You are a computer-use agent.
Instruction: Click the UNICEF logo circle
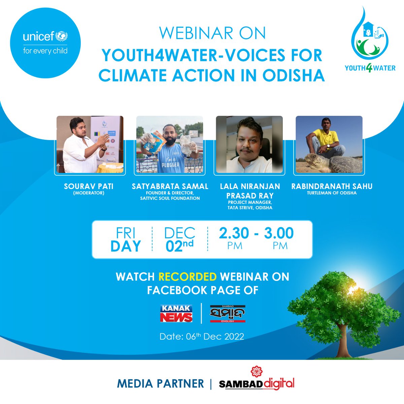[x=45, y=43]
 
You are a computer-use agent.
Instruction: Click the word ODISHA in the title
[x=293, y=76]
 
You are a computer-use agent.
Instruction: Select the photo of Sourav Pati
[x=90, y=144]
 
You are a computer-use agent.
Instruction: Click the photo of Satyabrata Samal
[x=169, y=144]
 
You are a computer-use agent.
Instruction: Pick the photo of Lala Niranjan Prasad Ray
[x=249, y=144]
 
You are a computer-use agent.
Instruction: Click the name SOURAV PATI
[x=89, y=186]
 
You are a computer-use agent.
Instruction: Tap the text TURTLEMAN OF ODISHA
[x=332, y=193]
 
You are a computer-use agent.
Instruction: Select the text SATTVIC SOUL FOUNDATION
[x=170, y=198]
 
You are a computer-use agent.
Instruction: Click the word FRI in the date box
[x=125, y=233]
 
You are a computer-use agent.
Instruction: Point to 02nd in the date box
[x=179, y=246]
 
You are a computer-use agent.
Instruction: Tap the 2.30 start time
[x=234, y=233]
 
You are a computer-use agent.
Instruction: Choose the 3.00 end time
[x=279, y=233]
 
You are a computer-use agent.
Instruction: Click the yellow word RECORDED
[x=188, y=277]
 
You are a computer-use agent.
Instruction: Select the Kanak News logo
[x=176, y=313]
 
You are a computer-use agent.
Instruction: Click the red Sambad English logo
[x=228, y=314]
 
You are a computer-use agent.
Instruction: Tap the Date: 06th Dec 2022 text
[x=202, y=336]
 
